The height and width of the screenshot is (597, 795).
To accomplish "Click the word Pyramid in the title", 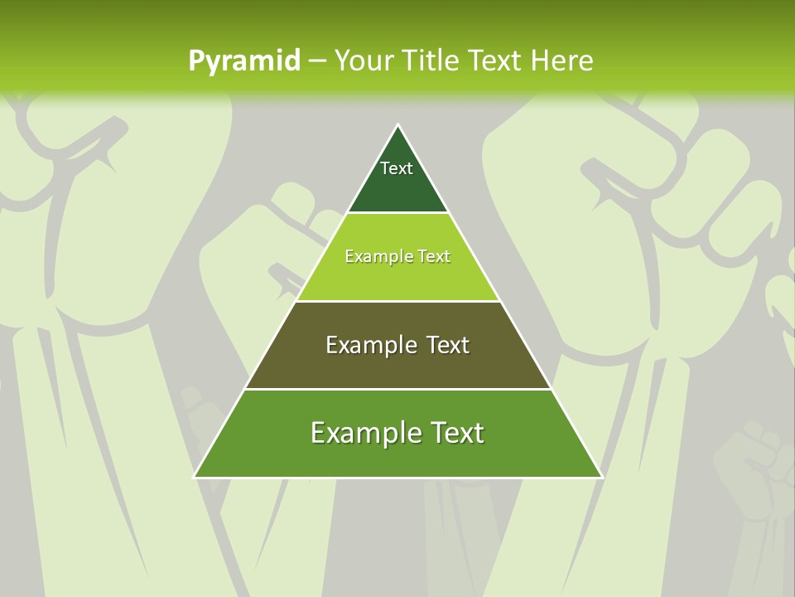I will tap(244, 61).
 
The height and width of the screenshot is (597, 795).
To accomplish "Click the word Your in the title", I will tap(362, 61).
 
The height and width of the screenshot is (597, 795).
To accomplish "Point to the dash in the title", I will tap(317, 61).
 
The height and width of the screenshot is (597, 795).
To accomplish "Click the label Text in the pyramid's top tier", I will tap(397, 168).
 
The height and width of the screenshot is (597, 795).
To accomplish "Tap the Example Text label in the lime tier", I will tap(397, 256).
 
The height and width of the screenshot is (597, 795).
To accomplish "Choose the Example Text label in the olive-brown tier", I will tap(397, 344).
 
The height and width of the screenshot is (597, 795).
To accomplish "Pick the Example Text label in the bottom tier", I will tap(397, 432).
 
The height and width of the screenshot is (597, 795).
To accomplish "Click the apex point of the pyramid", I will tap(397, 125).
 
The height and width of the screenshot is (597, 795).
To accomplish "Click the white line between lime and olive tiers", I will tap(397, 301).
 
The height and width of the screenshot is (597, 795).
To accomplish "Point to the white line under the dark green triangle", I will tap(397, 213).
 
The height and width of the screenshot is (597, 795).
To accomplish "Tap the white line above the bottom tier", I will tap(397, 389).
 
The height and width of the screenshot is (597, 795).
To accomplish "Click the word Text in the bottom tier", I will tap(455, 432).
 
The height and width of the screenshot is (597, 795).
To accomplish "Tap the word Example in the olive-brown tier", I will tap(369, 344).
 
